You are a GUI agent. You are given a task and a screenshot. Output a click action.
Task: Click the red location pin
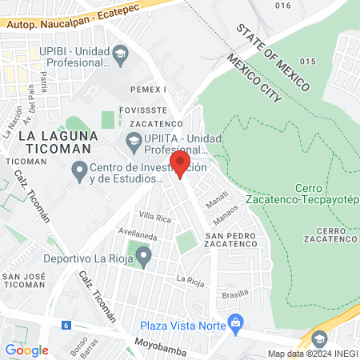179,163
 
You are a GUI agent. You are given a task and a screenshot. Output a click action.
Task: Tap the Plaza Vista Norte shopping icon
235,323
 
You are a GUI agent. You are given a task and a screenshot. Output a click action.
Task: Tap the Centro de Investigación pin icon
79,170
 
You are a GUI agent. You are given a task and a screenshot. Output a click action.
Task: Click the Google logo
26,350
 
